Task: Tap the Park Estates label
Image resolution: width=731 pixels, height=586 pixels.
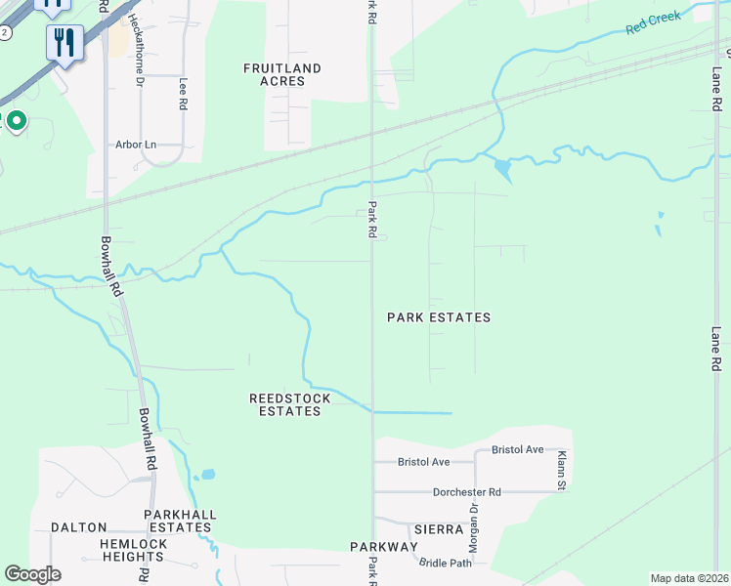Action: pyautogui.click(x=438, y=317)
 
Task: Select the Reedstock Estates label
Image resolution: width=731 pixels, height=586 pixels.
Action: pyautogui.click(x=289, y=405)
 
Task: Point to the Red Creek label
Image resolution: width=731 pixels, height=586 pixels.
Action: pyautogui.click(x=650, y=24)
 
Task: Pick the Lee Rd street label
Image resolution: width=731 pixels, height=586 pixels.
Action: pyautogui.click(x=182, y=93)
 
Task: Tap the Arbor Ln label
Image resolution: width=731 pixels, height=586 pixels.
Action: pyautogui.click(x=136, y=145)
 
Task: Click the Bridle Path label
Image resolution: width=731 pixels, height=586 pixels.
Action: pyautogui.click(x=445, y=563)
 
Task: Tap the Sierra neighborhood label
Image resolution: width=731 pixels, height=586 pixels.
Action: pyautogui.click(x=438, y=528)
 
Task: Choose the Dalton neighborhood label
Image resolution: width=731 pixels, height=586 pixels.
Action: pyautogui.click(x=78, y=526)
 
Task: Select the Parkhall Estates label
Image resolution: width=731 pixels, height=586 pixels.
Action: pyautogui.click(x=179, y=521)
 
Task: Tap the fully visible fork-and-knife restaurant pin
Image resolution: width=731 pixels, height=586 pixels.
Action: pyautogui.click(x=64, y=42)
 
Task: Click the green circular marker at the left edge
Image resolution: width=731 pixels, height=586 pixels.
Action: pyautogui.click(x=16, y=121)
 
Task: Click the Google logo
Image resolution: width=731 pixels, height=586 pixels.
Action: pyautogui.click(x=32, y=573)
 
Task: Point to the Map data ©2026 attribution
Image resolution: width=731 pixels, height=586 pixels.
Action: pyautogui.click(x=688, y=578)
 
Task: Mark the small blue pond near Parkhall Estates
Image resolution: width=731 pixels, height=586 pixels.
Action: pyautogui.click(x=205, y=477)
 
